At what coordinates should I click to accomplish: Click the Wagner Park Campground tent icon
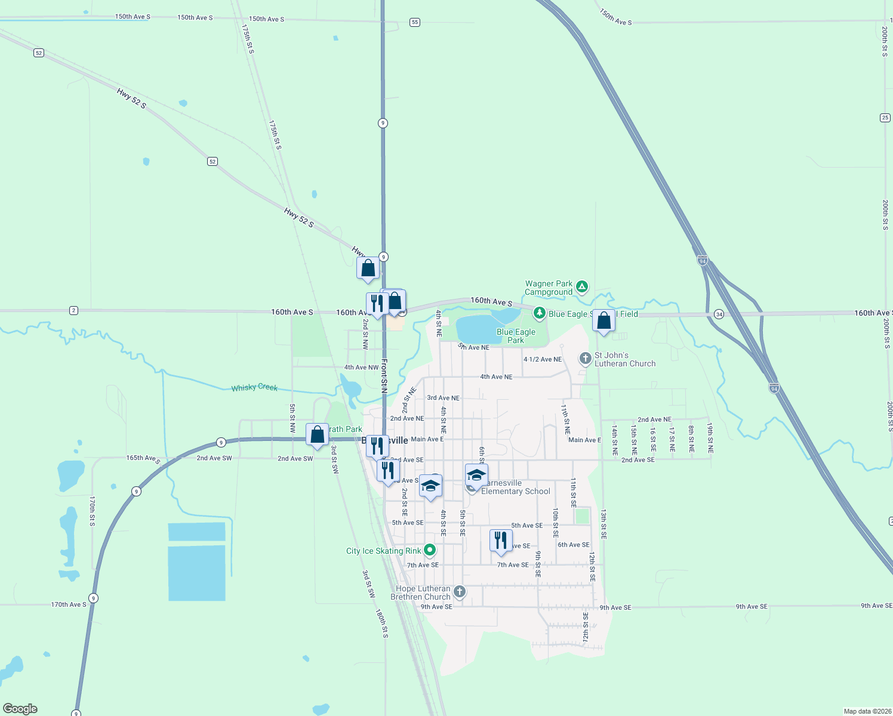[582, 287]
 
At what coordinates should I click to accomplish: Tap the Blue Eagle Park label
[516, 336]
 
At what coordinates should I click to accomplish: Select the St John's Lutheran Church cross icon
[586, 359]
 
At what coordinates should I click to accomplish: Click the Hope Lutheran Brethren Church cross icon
[459, 591]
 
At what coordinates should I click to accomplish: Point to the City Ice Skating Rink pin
[429, 550]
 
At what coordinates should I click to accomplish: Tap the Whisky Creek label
[254, 387]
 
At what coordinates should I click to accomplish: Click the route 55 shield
[415, 22]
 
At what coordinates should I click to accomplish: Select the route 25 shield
[885, 118]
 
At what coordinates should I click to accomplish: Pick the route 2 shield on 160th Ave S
[73, 310]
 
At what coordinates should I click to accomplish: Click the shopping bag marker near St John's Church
[604, 321]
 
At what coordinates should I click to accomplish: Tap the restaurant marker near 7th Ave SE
[501, 541]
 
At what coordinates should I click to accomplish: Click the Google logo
[20, 709]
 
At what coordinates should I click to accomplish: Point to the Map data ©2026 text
[867, 711]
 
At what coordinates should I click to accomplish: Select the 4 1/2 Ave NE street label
[543, 359]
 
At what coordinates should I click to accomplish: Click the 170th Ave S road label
[69, 604]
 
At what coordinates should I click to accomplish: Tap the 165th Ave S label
[143, 459]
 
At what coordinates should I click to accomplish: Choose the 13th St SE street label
[603, 524]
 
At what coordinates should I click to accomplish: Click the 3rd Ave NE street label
[443, 398]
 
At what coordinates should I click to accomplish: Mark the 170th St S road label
[92, 511]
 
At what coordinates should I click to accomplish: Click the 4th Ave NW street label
[361, 368]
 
